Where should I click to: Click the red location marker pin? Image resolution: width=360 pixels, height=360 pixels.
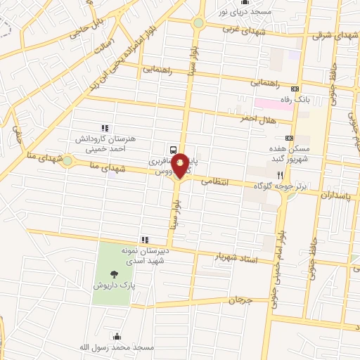click(181, 165)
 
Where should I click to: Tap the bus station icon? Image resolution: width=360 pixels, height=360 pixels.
click(173, 148)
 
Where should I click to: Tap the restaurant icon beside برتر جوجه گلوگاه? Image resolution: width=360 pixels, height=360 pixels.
click(280, 174)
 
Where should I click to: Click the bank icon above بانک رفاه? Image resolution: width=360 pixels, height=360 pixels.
click(294, 89)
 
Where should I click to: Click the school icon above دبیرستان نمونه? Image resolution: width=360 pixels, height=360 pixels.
click(145, 240)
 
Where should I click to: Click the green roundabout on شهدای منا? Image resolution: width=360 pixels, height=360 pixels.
click(67, 162)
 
